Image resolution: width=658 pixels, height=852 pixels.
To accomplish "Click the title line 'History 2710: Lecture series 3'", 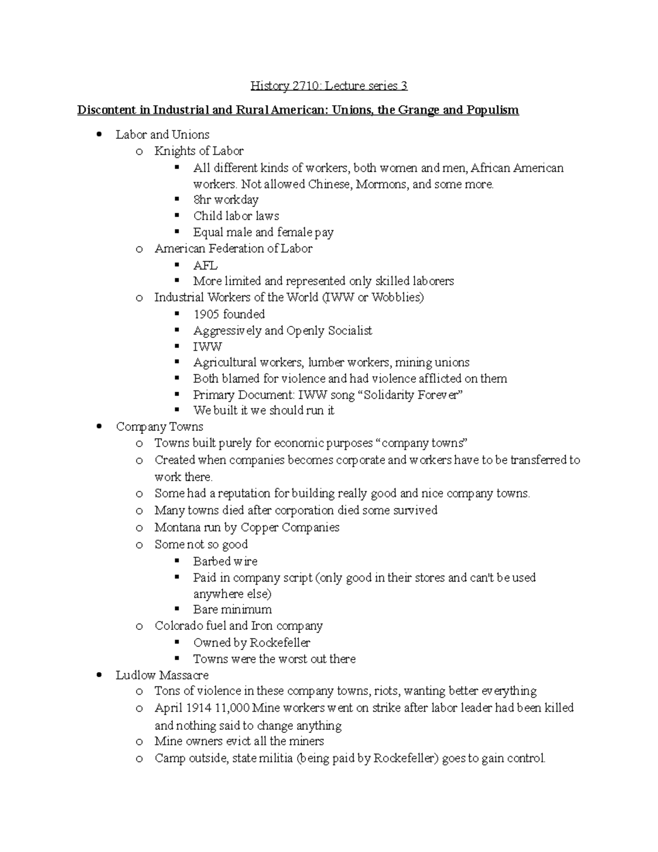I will point(329,86).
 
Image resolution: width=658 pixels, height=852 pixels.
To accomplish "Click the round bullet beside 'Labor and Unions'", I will point(99,135).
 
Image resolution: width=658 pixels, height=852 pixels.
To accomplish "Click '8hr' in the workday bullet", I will point(202,200).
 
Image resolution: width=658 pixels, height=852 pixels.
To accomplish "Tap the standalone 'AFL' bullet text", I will point(205,266).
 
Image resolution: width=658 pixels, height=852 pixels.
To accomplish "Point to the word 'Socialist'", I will point(350,330).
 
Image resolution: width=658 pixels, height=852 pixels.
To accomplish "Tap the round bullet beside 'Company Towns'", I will point(99,427).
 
